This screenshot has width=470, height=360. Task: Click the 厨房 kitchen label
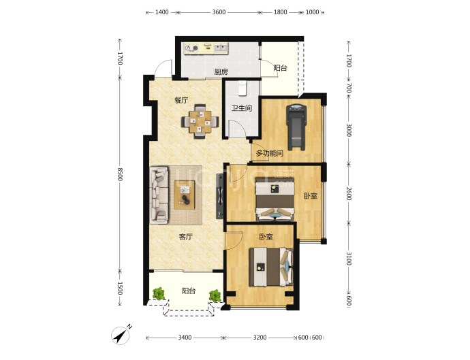point(221,72)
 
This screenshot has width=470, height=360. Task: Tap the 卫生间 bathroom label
point(242,108)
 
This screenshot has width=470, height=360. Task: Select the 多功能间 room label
point(270,153)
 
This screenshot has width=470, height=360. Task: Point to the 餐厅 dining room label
point(181,100)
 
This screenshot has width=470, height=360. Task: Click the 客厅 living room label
point(185,237)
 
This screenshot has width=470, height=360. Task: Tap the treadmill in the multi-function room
point(296,127)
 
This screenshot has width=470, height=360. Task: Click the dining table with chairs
point(200,121)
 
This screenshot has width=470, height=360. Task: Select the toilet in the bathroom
point(242,88)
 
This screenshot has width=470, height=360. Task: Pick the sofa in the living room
point(159,195)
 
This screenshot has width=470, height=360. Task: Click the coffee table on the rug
point(185,195)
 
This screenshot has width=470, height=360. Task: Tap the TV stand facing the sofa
point(220,196)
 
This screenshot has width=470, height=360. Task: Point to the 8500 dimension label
point(120,174)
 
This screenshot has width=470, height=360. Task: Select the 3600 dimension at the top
point(219,12)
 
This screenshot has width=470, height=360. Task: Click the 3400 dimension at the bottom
point(185,338)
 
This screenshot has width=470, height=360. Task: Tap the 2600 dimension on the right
point(349,193)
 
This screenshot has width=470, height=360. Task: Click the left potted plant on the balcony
point(159,294)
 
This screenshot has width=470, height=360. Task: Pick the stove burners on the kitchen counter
point(191,48)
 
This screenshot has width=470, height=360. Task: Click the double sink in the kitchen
point(220,48)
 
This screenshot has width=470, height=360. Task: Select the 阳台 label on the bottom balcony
point(189,291)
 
